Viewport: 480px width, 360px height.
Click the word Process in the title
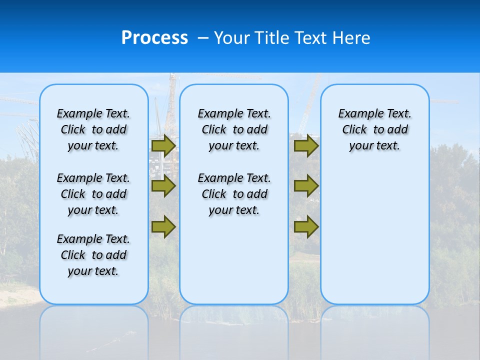point(154,37)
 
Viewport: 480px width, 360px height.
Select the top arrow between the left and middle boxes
point(163,145)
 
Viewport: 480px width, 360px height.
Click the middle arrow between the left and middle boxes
point(163,186)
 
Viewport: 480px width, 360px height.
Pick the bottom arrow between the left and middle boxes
point(163,226)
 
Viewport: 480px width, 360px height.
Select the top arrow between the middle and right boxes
point(306,145)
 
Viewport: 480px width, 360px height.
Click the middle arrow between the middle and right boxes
point(306,186)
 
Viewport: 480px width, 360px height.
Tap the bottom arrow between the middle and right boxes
point(306,226)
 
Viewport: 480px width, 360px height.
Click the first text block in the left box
point(93,129)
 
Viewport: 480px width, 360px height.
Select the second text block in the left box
point(93,194)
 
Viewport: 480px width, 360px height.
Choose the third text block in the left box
point(93,255)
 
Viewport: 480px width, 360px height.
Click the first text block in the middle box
point(234,129)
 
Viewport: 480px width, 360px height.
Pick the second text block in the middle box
point(234,194)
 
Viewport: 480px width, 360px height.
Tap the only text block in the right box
point(375,129)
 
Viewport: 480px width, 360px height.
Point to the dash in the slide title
point(203,38)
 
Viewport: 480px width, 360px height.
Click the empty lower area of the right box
point(375,235)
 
